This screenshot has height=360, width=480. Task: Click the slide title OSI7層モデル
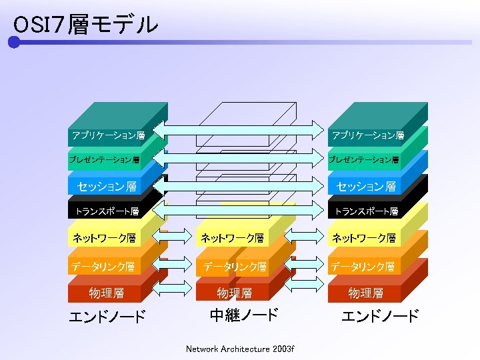[85, 25]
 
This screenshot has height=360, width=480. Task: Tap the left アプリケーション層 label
[108, 136]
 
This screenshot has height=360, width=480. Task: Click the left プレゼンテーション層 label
[105, 160]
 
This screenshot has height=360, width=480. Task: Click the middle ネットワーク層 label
[233, 237]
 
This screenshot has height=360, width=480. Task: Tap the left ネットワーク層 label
[105, 237]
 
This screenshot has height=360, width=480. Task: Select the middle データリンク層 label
[235, 267]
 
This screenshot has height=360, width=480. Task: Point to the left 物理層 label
[107, 293]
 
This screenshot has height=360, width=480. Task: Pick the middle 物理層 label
[235, 293]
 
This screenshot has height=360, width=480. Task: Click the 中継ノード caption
[243, 315]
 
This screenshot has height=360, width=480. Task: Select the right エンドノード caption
[380, 316]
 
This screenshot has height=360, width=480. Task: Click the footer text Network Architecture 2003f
[240, 349]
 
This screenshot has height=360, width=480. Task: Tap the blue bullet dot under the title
[14, 43]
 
